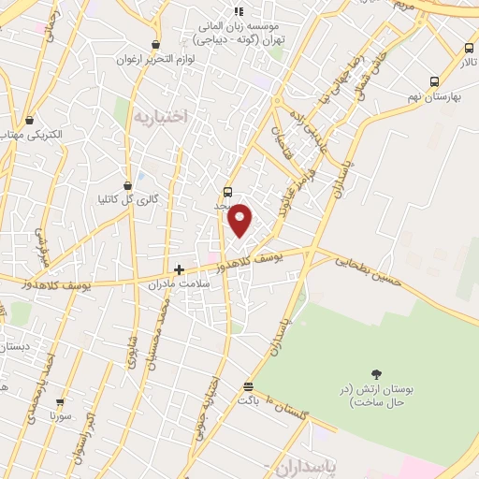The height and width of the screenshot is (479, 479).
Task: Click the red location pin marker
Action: pyautogui.click(x=240, y=220)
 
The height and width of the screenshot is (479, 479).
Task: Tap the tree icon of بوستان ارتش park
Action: pyautogui.click(x=376, y=374)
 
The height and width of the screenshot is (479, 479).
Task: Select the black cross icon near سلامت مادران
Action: pyautogui.click(x=179, y=269)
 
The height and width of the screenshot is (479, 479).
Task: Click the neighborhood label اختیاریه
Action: pyautogui.click(x=161, y=117)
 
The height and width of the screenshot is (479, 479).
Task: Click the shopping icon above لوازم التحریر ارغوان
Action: pyautogui.click(x=155, y=44)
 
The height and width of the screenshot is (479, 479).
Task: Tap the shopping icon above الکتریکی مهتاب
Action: pyautogui.click(x=30, y=120)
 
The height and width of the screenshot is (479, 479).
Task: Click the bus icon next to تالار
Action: pyautogui.click(x=469, y=49)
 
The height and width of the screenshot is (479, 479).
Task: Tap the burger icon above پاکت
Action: pyautogui.click(x=248, y=386)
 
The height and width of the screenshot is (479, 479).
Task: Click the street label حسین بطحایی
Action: pyautogui.click(x=374, y=269)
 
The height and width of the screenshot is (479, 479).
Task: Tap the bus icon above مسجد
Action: pyautogui.click(x=228, y=191)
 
